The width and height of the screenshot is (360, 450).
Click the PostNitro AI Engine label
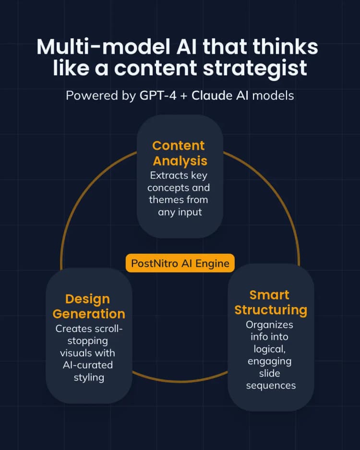click(x=180, y=263)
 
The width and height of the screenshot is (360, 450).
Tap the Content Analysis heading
click(x=180, y=153)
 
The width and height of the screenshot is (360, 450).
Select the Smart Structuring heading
click(x=271, y=302)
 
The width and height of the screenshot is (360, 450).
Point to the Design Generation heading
click(x=89, y=306)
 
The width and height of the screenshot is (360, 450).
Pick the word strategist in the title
click(x=258, y=68)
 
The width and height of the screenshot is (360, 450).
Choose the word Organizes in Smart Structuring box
click(x=269, y=324)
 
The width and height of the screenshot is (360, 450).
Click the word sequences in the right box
click(x=271, y=385)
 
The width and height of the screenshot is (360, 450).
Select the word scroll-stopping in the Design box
click(x=89, y=335)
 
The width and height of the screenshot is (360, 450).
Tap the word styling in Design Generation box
click(x=89, y=377)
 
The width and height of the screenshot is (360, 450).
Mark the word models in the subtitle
click(x=273, y=95)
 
